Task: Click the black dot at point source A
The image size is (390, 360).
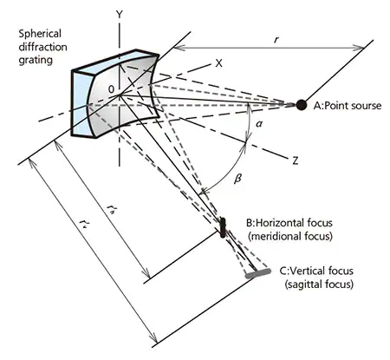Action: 301,105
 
